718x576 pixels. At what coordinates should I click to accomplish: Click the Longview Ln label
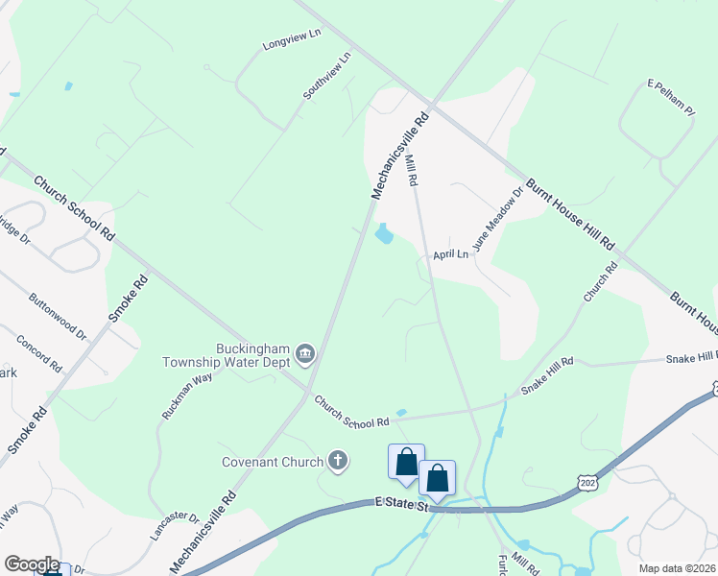291,38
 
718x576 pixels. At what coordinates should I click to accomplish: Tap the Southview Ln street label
327,76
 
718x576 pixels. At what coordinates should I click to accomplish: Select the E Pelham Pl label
670,98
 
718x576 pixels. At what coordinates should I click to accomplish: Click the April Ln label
450,254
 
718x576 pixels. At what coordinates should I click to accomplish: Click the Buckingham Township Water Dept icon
305,355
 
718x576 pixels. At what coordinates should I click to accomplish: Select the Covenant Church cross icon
337,462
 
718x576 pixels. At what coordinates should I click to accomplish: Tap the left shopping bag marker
406,462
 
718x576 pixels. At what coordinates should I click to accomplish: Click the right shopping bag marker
437,477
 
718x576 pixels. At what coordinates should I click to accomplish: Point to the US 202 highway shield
588,483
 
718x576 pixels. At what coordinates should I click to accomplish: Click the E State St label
399,505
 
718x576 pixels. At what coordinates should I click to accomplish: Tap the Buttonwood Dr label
58,317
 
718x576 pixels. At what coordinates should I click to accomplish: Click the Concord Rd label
39,354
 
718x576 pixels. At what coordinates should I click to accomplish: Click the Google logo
31,564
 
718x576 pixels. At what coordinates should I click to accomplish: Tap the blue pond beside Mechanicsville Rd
384,234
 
